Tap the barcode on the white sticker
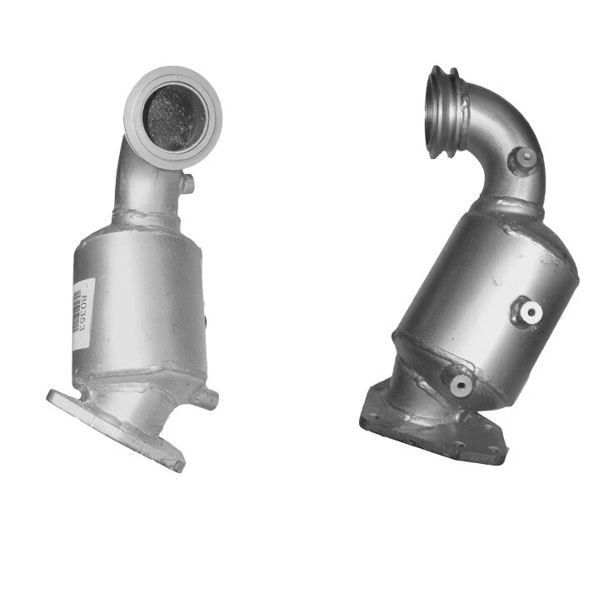click(77, 311)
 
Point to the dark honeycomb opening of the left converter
click(174, 118)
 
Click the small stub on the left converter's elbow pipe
click(187, 182)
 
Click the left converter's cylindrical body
click(142, 292)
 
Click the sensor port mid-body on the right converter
click(528, 311)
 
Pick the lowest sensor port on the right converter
click(459, 384)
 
